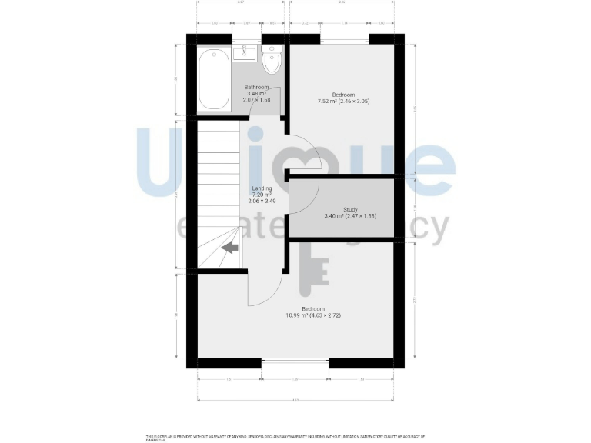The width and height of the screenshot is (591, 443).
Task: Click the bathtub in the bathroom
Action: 213,80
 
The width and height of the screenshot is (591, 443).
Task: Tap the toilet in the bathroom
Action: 272,60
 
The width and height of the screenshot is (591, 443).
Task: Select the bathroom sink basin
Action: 245,52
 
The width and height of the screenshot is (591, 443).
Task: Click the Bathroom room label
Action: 256,88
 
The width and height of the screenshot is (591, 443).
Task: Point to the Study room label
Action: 350,209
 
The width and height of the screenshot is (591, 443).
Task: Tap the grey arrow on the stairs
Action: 229,248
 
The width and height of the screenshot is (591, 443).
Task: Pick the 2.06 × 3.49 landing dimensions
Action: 262,202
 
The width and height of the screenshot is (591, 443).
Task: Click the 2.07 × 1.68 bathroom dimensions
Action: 256,100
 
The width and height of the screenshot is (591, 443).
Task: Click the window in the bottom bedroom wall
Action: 295,361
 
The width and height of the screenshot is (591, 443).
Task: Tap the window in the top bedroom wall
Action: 343,38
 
